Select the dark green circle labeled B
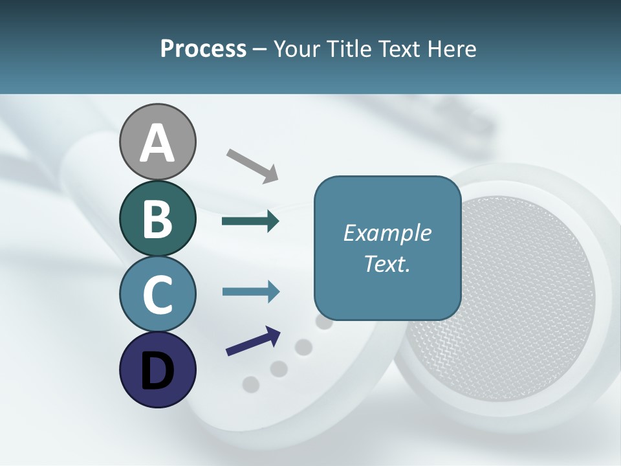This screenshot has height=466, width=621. [x=157, y=218]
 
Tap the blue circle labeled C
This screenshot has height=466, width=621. [x=157, y=294]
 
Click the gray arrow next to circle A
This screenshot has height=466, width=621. [x=252, y=165]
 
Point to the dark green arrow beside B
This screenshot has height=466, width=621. [x=250, y=221]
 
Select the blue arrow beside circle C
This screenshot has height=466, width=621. [x=250, y=291]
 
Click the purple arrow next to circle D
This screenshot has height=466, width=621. [x=253, y=341]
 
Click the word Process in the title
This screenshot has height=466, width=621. [x=203, y=49]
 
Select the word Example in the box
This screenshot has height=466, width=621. [x=387, y=233]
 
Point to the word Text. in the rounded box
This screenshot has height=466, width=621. [x=387, y=264]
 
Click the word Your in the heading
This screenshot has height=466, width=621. [x=297, y=49]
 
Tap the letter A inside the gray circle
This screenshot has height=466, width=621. [x=157, y=144]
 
